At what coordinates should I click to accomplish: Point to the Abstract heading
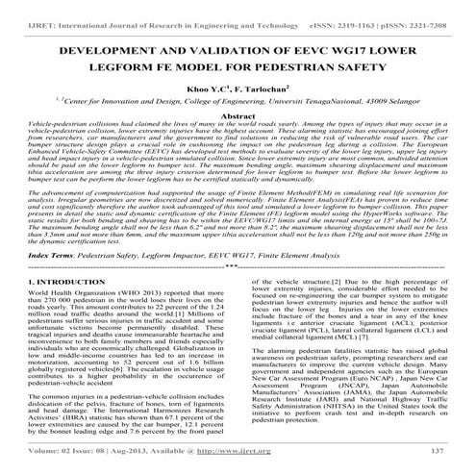click(x=238, y=141)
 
